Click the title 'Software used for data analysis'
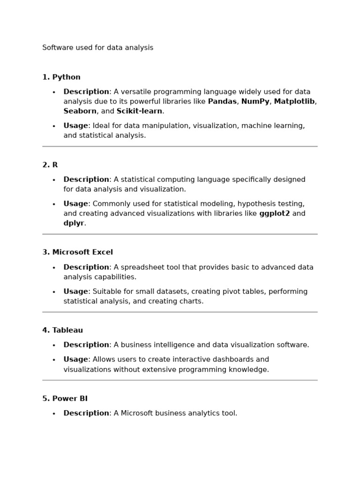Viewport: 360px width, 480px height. (x=97, y=48)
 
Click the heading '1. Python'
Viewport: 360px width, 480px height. (x=61, y=77)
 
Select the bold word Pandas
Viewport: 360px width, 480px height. (x=222, y=102)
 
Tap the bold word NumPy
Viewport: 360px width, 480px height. (x=255, y=102)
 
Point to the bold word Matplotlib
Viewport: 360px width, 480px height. (x=294, y=102)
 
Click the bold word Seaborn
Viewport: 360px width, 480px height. (x=80, y=112)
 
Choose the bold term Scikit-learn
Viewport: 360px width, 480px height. (x=139, y=112)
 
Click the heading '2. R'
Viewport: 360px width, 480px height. (x=50, y=165)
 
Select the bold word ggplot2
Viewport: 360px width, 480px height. (x=274, y=214)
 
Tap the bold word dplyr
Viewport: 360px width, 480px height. (x=74, y=224)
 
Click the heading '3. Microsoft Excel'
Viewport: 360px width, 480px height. (x=78, y=252)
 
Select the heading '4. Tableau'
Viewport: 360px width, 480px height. (x=62, y=330)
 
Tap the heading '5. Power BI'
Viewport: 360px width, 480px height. (x=65, y=399)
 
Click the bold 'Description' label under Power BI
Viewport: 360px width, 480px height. (x=86, y=413)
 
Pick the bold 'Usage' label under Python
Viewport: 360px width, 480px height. (x=76, y=126)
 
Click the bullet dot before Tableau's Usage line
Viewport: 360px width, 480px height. (x=54, y=360)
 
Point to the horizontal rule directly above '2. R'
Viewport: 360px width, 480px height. (x=180, y=147)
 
